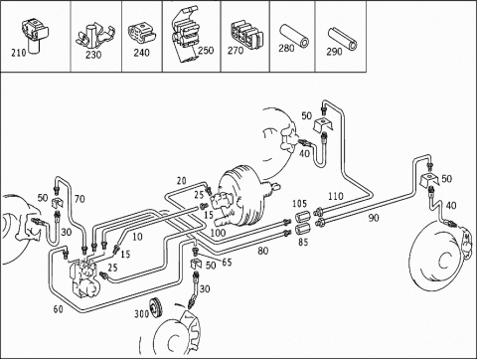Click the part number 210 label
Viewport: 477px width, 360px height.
click(x=19, y=53)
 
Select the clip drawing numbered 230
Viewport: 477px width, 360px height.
click(x=96, y=35)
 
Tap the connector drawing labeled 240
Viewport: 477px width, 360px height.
click(x=141, y=32)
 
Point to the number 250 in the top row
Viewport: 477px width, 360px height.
click(x=206, y=50)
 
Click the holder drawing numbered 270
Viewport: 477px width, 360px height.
click(x=246, y=34)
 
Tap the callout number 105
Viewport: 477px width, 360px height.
click(x=300, y=203)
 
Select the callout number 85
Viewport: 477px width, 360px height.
click(x=303, y=242)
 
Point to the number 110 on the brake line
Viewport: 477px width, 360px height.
click(x=336, y=196)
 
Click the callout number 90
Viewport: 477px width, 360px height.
click(x=374, y=218)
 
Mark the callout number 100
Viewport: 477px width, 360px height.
click(x=218, y=233)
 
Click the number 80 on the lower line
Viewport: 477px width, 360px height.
click(x=263, y=251)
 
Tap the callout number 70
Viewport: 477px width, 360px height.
click(x=79, y=199)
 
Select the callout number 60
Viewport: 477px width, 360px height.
click(x=58, y=309)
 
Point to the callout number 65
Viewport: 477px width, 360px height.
click(x=227, y=263)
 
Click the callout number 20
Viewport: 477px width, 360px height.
click(x=182, y=181)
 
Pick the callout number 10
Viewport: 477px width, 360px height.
click(x=137, y=237)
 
